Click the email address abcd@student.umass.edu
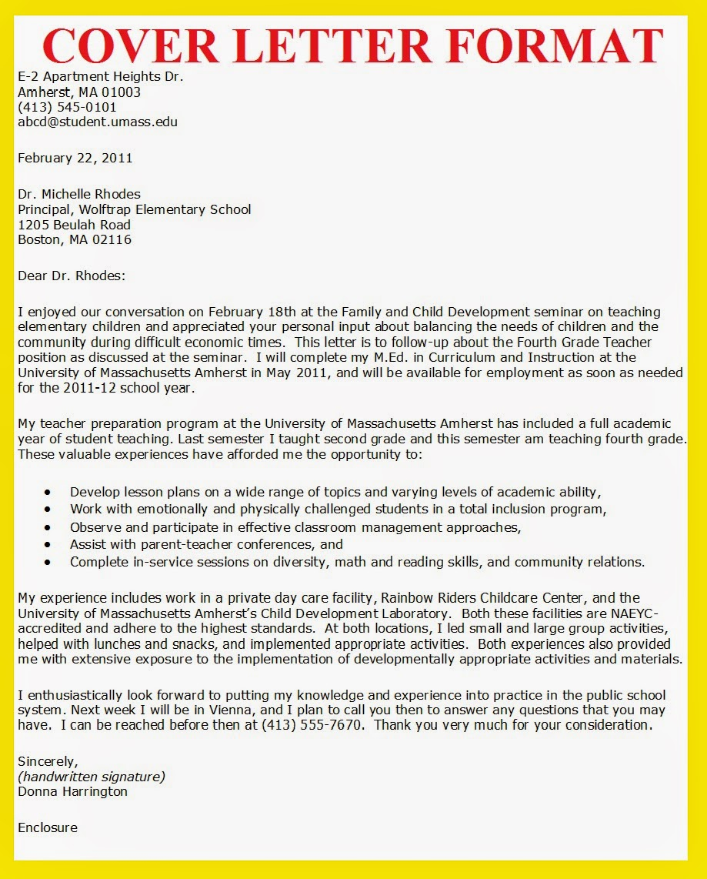(98, 122)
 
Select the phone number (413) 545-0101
(67, 107)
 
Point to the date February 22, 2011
(75, 158)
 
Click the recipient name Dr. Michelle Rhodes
(79, 194)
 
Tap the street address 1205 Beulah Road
(74, 225)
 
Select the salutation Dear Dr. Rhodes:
(71, 276)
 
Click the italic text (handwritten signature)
(91, 776)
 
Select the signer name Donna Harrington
(72, 791)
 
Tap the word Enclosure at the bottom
(47, 827)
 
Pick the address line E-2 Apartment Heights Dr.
(100, 77)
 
